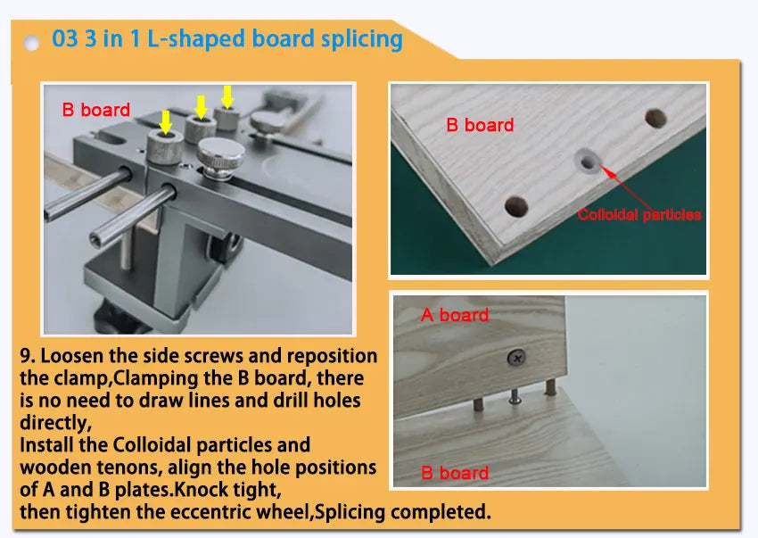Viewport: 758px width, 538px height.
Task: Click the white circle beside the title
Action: click(31, 43)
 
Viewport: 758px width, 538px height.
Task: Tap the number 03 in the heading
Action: click(65, 38)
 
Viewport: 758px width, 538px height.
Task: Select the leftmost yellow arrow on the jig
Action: click(166, 122)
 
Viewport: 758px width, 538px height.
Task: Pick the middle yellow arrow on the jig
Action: click(202, 106)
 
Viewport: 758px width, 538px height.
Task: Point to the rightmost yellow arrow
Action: click(227, 96)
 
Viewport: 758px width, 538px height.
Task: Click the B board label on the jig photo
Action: click(96, 110)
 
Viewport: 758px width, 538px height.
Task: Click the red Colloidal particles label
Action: click(639, 214)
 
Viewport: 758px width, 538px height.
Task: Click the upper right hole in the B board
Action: click(656, 118)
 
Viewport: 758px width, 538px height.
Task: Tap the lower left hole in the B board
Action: click(516, 206)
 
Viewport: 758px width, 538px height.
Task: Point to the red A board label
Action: click(455, 316)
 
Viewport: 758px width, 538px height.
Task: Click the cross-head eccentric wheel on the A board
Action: click(516, 358)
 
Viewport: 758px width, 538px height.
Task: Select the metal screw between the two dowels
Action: click(515, 397)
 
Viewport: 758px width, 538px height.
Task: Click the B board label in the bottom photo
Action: click(455, 473)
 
